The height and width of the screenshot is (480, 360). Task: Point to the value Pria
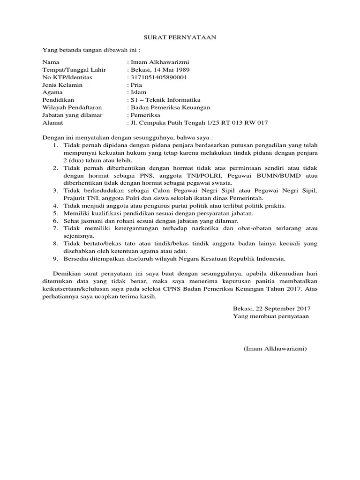135,85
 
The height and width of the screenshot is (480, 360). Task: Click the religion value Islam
137,92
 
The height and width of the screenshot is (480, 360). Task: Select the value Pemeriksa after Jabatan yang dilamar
145,115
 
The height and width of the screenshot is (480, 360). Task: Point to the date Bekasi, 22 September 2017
271,309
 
